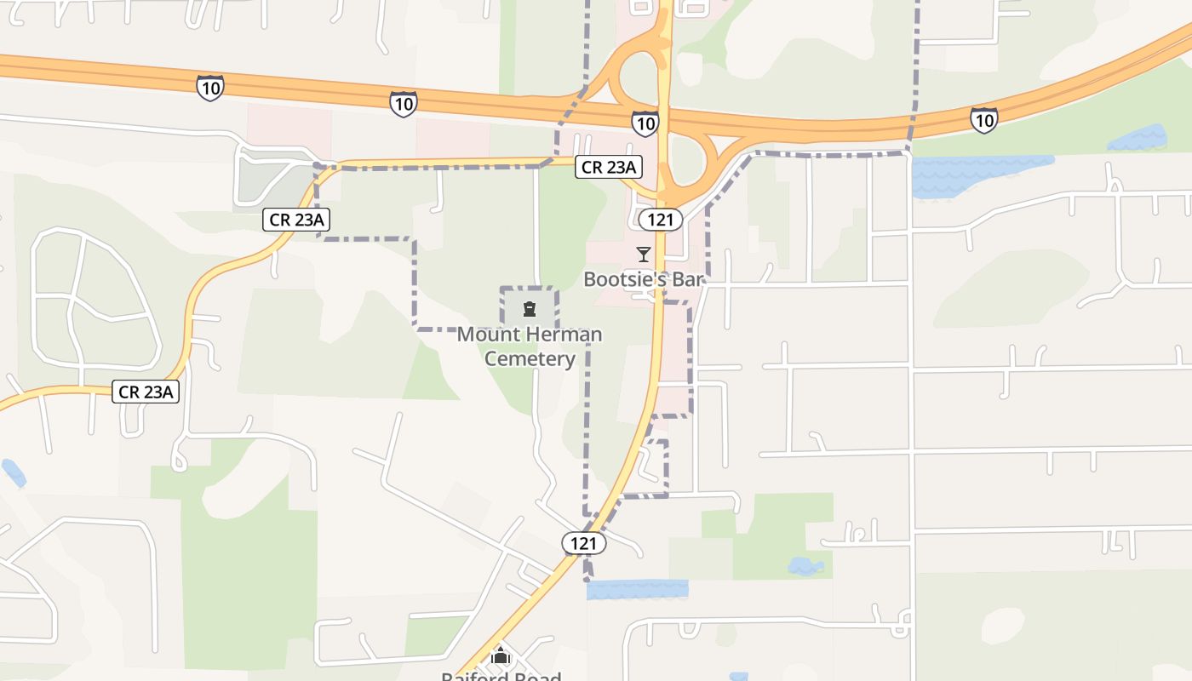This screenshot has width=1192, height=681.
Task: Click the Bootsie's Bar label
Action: coord(645,279)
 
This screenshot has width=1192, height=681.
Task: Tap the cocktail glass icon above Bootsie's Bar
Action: coord(644,255)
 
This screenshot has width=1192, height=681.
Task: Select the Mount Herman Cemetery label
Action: coord(530,346)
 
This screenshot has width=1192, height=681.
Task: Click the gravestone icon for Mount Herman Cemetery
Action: coord(530,308)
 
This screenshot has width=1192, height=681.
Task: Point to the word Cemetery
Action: coord(530,358)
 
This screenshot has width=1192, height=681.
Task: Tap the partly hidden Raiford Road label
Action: coord(501,676)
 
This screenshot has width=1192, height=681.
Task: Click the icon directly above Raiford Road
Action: coord(501,656)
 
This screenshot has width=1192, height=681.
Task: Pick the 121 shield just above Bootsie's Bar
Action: coord(661,220)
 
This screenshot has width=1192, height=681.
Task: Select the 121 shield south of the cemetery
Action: coord(584,543)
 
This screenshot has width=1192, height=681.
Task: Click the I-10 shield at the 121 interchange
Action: coord(645,123)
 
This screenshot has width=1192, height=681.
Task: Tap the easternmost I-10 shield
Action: coord(983,120)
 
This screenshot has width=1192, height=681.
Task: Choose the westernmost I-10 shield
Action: coord(210,87)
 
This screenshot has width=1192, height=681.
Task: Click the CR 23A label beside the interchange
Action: coord(608,167)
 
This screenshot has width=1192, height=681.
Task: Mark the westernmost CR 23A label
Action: coord(146,392)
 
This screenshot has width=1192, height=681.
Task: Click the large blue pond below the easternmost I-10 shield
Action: coord(979,175)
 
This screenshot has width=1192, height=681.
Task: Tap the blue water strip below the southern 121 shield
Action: coord(637,589)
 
